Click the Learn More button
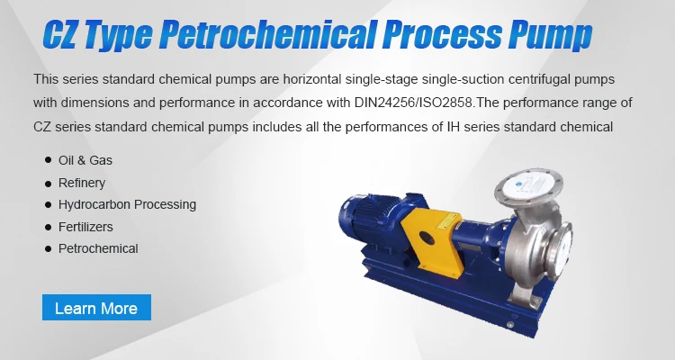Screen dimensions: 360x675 (x=96, y=308)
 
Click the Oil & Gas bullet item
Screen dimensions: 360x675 (x=85, y=160)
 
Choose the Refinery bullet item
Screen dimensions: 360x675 (x=82, y=183)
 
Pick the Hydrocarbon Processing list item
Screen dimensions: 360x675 (x=127, y=204)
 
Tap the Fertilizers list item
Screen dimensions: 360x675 (x=85, y=227)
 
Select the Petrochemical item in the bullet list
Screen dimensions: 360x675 (x=98, y=248)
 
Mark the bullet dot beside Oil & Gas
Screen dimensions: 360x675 (x=47, y=160)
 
